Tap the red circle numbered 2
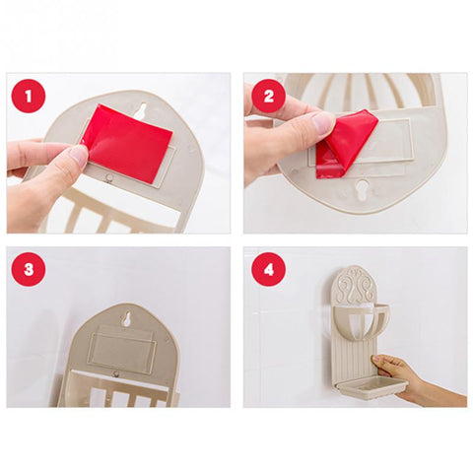pos(267,96)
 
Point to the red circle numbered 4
pos(268,269)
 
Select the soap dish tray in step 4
pos(373,387)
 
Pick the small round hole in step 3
pos(116,372)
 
